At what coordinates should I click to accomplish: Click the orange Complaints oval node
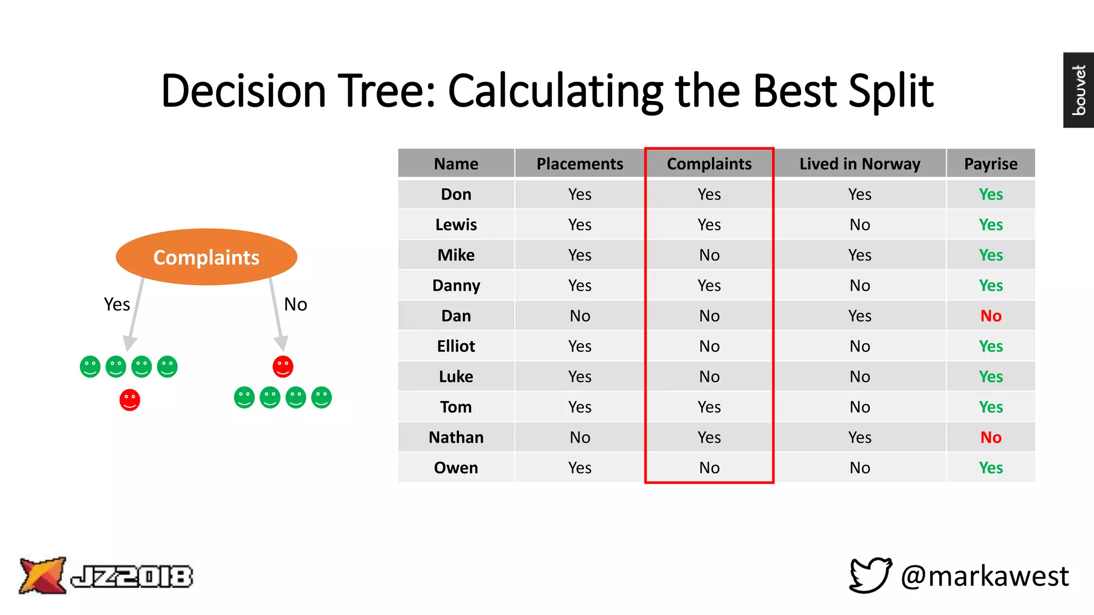click(206, 257)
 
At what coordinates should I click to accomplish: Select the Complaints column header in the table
click(709, 164)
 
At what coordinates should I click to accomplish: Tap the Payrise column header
click(990, 164)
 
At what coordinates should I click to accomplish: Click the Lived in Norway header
click(859, 164)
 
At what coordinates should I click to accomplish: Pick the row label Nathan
click(456, 437)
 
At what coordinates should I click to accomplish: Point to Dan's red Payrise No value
click(990, 316)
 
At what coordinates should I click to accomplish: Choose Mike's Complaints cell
click(709, 255)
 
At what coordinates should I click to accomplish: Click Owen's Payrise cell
click(990, 468)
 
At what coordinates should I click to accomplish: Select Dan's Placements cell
click(580, 316)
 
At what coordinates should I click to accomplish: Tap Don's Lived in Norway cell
click(859, 194)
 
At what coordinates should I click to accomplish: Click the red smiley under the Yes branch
click(130, 400)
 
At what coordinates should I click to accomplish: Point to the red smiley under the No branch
click(283, 367)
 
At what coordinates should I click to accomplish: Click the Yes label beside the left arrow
click(117, 304)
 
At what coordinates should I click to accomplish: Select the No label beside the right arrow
click(295, 304)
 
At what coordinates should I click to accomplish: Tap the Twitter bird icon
click(870, 575)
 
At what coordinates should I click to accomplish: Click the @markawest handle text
click(984, 577)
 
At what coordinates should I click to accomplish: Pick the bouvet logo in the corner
click(1078, 90)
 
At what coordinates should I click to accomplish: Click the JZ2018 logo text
click(131, 577)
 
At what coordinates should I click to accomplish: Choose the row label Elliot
click(456, 346)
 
